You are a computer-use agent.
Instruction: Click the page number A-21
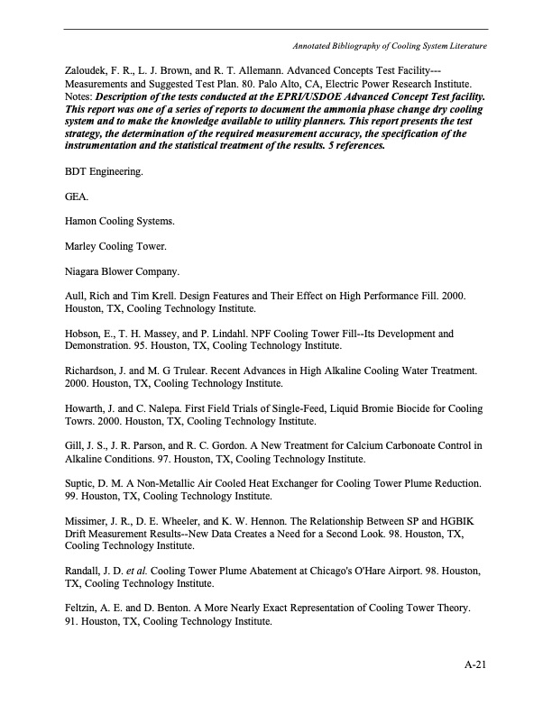[475, 665]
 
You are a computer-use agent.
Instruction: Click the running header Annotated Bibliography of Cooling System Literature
[391, 45]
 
